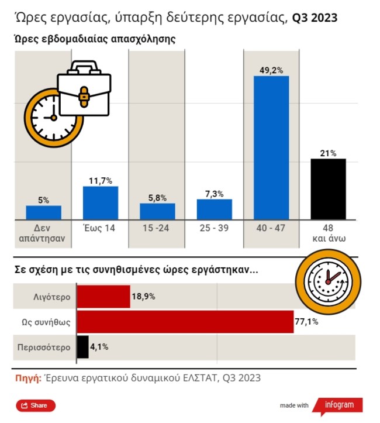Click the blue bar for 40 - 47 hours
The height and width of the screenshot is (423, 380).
[271, 147]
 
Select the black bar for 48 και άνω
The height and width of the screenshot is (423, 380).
[328, 189]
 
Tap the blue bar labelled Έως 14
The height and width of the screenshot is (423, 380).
[101, 202]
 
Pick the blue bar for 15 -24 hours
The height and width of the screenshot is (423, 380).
[157, 211]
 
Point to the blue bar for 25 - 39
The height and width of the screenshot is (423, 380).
[214, 209]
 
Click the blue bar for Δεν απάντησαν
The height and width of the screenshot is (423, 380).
[44, 212]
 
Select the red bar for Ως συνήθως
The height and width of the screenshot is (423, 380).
[185, 322]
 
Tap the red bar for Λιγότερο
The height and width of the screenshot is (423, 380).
[103, 297]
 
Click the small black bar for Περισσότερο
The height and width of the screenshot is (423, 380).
[82, 346]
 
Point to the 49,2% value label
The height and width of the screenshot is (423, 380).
[271, 70]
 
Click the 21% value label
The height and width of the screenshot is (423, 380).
[328, 153]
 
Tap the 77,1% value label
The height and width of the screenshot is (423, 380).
[307, 322]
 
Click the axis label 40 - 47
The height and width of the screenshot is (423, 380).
[271, 228]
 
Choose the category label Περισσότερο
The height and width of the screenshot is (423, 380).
[43, 346]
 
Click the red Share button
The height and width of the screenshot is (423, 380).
[36, 405]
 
